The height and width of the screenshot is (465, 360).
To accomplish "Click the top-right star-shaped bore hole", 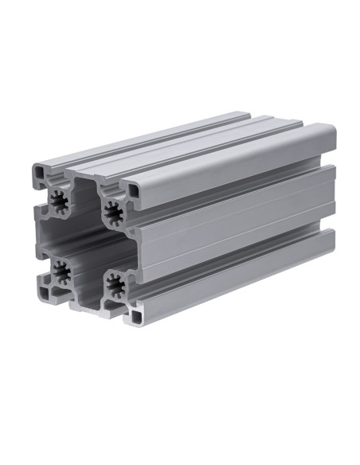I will (112, 212).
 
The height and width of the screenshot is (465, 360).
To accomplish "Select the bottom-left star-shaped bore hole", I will (62, 274).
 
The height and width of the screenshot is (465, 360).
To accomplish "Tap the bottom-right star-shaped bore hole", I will (115, 284).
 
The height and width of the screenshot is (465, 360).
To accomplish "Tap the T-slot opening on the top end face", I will (86, 177).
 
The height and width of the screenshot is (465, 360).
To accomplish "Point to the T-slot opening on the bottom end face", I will (90, 302).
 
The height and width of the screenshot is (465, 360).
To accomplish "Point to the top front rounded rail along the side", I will (231, 163).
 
